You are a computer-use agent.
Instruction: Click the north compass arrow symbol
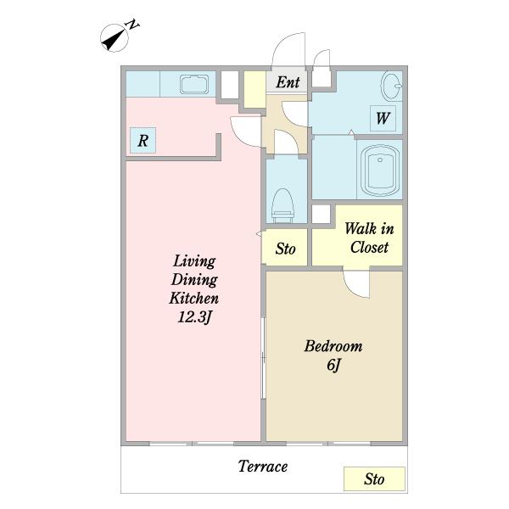[x=114, y=38]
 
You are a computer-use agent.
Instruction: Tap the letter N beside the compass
[x=133, y=25]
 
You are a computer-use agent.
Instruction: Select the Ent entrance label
[x=288, y=82]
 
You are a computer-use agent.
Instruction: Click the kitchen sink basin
[x=194, y=85]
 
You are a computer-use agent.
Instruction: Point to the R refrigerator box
[x=143, y=141]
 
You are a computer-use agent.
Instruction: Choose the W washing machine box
[x=383, y=118]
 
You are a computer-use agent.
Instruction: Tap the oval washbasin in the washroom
[x=391, y=87]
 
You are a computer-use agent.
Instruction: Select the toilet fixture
[x=283, y=206]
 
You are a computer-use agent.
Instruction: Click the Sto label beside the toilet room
[x=286, y=249]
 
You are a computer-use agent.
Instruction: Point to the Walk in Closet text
[x=369, y=238]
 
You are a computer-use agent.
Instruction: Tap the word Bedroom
[x=333, y=346]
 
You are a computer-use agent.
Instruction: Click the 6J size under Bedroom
[x=333, y=365]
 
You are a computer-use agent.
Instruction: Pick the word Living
[x=194, y=261]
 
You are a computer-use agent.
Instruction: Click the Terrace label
[x=263, y=467]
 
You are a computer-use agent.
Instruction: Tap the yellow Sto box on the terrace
[x=374, y=478]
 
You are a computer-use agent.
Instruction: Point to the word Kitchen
[x=193, y=299]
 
